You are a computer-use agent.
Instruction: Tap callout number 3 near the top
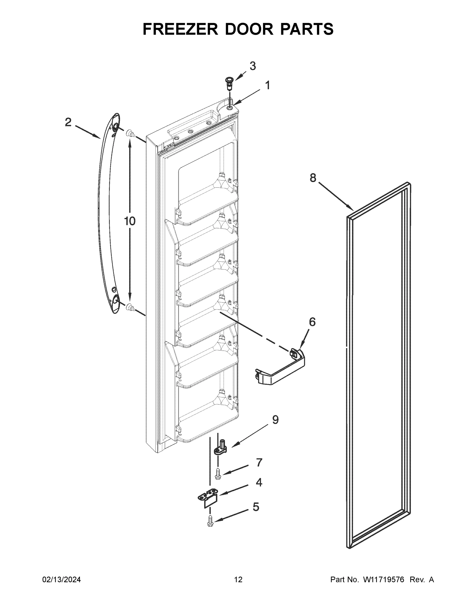[252, 66]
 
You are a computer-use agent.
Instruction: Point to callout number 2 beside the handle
[68, 122]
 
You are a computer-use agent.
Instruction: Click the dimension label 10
[130, 221]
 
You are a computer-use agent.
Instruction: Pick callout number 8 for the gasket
[313, 178]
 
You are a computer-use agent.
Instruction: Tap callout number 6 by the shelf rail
[312, 322]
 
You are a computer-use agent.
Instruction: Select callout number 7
[259, 462]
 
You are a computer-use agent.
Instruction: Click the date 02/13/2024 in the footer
[62, 580]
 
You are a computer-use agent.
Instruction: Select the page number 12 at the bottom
[238, 580]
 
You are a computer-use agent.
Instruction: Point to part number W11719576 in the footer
[384, 580]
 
